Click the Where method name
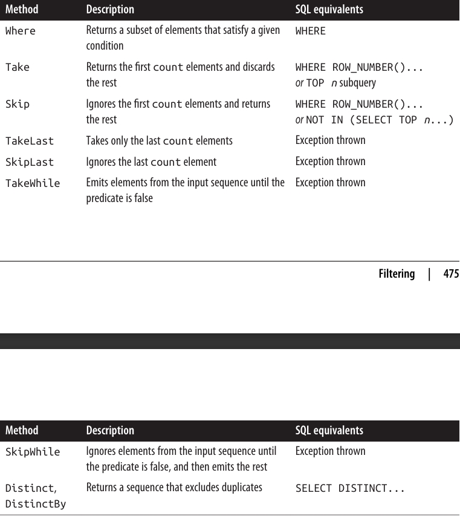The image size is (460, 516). tap(21, 31)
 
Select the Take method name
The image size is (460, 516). tap(18, 67)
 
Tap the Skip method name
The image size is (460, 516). tap(18, 104)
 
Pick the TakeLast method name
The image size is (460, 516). tap(30, 141)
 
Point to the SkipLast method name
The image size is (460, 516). tap(30, 162)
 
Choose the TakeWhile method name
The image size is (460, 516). tap(33, 183)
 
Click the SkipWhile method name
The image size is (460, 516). tap(33, 452)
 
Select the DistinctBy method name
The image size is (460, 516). tap(36, 503)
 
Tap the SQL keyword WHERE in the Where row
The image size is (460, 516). tap(311, 31)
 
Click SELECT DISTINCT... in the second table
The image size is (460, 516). tap(350, 488)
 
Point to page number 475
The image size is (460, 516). tap(451, 274)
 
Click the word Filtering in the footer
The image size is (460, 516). tap(397, 274)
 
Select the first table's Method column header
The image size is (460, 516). tap(22, 10)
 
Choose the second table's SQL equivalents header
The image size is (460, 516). tap(329, 431)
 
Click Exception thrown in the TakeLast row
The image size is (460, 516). tap(330, 140)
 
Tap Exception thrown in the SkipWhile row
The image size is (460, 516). tap(330, 451)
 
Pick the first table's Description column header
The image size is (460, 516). tap(110, 10)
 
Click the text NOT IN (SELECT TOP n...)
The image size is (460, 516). tap(380, 120)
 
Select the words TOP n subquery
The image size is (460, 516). tap(341, 83)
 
